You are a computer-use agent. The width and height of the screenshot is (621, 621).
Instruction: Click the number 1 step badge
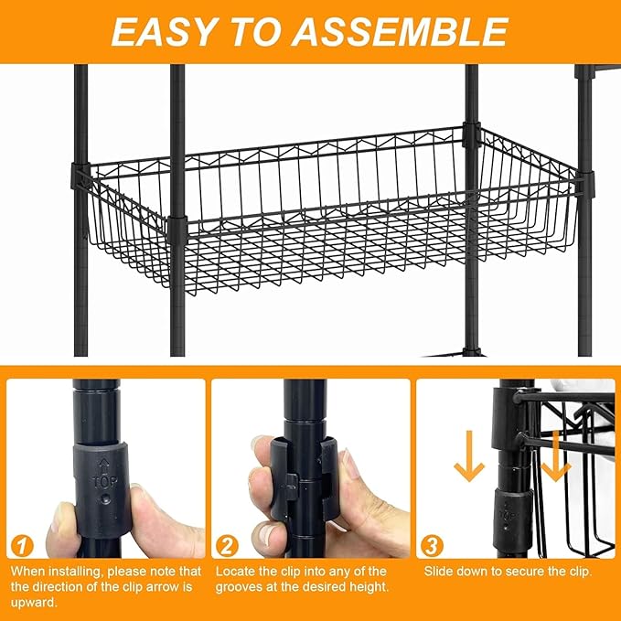(x=22, y=546)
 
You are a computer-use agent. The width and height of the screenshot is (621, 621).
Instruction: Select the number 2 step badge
(x=227, y=546)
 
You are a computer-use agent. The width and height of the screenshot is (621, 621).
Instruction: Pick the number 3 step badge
(x=432, y=546)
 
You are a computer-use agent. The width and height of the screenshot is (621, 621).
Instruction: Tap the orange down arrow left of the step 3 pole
(x=469, y=455)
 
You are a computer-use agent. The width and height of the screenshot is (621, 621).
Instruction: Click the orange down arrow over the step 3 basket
(x=556, y=455)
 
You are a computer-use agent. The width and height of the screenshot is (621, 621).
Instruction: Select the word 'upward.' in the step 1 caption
(x=34, y=603)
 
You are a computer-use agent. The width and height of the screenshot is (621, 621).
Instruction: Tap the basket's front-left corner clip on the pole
(x=177, y=230)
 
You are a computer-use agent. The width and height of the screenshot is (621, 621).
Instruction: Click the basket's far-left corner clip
(x=80, y=175)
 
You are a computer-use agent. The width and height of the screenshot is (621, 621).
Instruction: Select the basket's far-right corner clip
(x=585, y=185)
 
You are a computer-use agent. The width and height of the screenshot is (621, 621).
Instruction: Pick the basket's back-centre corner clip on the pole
(x=471, y=134)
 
